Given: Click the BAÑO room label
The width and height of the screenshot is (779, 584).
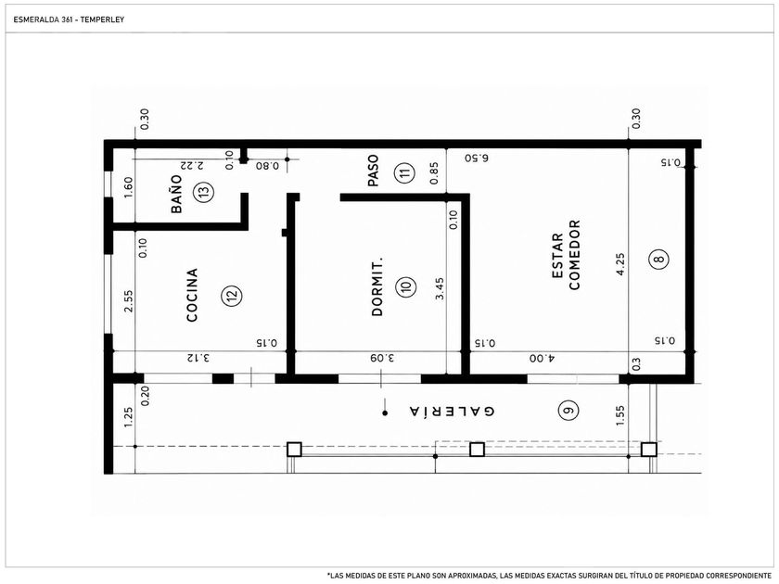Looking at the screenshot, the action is click(x=176, y=194).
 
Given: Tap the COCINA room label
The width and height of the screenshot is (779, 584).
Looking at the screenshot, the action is click(x=192, y=295).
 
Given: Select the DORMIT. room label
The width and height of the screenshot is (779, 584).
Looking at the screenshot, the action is click(x=377, y=286).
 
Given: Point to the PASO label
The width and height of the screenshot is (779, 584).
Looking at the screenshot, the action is click(x=373, y=171).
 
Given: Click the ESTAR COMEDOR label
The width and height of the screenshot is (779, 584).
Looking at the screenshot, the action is click(x=566, y=255).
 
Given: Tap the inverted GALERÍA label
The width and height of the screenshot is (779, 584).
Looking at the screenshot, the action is click(x=453, y=412).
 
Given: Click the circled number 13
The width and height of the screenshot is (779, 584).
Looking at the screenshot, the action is click(x=203, y=191).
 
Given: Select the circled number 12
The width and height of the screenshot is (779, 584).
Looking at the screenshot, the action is click(x=232, y=295).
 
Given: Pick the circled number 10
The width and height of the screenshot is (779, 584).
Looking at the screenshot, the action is click(x=405, y=286).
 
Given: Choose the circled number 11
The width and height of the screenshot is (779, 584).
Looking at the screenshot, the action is click(x=405, y=172).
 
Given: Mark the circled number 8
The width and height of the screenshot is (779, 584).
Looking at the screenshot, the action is click(x=658, y=259).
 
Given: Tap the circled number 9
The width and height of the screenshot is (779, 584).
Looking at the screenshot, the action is click(x=568, y=410).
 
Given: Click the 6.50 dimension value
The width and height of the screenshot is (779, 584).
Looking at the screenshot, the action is click(x=477, y=158).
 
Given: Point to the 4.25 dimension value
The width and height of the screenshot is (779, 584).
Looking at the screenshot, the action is click(x=620, y=264).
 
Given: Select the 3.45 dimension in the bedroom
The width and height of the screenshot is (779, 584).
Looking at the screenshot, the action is click(x=440, y=288).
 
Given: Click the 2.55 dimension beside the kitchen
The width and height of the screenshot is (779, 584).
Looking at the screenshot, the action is click(x=128, y=300).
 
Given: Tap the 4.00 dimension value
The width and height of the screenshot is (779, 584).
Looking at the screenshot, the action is click(x=543, y=358).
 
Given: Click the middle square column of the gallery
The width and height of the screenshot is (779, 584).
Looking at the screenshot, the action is click(x=477, y=450).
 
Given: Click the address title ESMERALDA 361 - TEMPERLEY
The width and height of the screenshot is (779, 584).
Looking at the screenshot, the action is click(x=69, y=19).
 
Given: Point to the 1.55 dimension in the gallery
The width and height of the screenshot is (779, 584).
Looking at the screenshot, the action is click(x=620, y=415).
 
